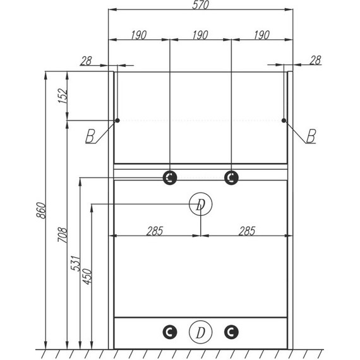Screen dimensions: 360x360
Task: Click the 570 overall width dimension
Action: [200, 5]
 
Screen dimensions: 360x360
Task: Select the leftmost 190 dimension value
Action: [139, 35]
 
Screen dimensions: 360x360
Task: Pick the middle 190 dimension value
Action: [200, 35]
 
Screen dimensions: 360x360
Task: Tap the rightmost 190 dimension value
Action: [261, 35]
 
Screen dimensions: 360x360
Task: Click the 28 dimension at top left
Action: [86, 61]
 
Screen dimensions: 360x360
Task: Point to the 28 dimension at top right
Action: [315, 61]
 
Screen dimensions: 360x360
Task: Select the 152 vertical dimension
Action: [63, 96]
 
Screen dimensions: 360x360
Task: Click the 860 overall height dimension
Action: [41, 210]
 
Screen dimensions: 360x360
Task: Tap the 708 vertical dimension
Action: [63, 235]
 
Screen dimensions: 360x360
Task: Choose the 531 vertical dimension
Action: [76, 263]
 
